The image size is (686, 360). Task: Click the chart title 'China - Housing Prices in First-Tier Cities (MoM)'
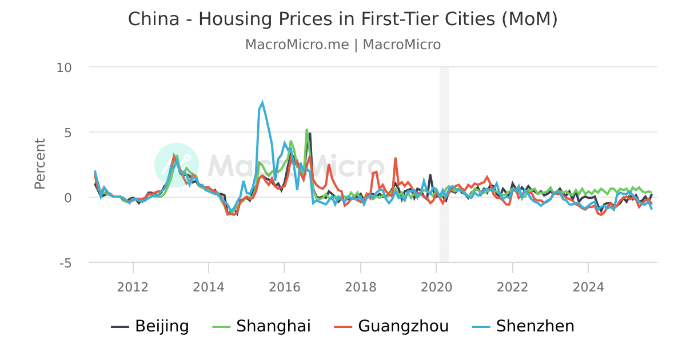point(342,19)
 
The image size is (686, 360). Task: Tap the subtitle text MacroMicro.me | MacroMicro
point(342,45)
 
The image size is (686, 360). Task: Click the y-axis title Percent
point(40,164)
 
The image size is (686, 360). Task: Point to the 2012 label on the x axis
point(133,287)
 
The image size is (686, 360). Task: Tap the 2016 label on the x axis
point(284,287)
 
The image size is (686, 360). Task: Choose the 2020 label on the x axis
point(436,287)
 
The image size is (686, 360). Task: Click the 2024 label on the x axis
point(588,287)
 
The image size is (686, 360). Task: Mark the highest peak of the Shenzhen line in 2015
point(262,103)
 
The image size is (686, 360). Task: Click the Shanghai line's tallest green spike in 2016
point(306,130)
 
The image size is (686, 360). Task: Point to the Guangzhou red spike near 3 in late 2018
point(395,158)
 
